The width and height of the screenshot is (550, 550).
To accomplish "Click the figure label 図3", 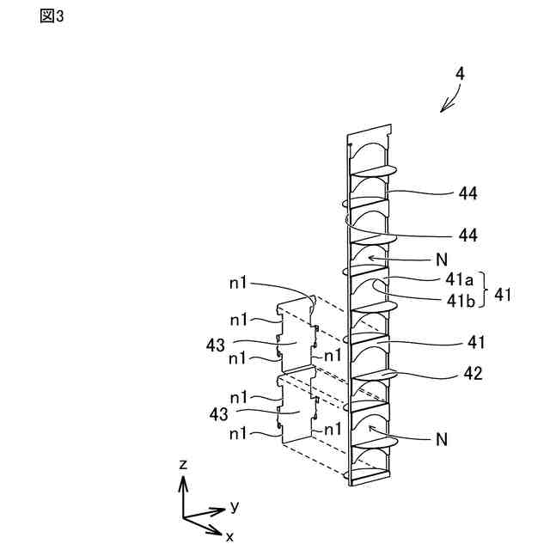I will pos(52,17).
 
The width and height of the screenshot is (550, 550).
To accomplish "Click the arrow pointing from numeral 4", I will pos(449,101).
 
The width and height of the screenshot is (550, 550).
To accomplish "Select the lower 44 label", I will pos(467,234).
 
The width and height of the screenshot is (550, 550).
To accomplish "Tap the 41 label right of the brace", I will pos(504,295).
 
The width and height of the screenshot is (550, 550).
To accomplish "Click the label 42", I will pos(473,374).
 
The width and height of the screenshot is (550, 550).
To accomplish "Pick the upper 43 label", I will pos(216,345).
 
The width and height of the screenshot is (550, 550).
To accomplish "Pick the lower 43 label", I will pos(216,414).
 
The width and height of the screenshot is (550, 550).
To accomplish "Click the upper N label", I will pos(442,257).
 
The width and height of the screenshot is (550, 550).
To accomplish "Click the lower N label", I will pos(442,439).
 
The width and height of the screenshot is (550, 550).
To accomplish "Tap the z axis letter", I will pos(182,464).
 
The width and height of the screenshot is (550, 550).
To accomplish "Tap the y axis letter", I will pos(234,505).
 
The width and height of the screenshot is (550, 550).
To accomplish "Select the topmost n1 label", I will pos(238,281).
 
